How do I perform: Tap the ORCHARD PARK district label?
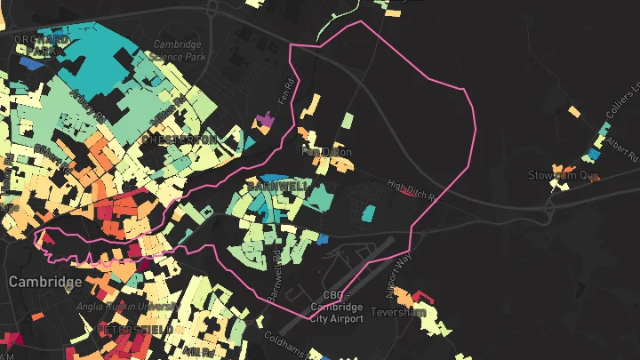tap(41, 45)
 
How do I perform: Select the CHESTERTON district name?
tap(178, 140)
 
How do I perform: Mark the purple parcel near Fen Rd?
tap(264, 118)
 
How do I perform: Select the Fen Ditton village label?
tap(327, 153)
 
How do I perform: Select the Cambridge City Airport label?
tap(336, 308)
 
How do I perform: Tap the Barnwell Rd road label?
tap(277, 277)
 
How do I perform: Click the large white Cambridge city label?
tap(44, 282)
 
